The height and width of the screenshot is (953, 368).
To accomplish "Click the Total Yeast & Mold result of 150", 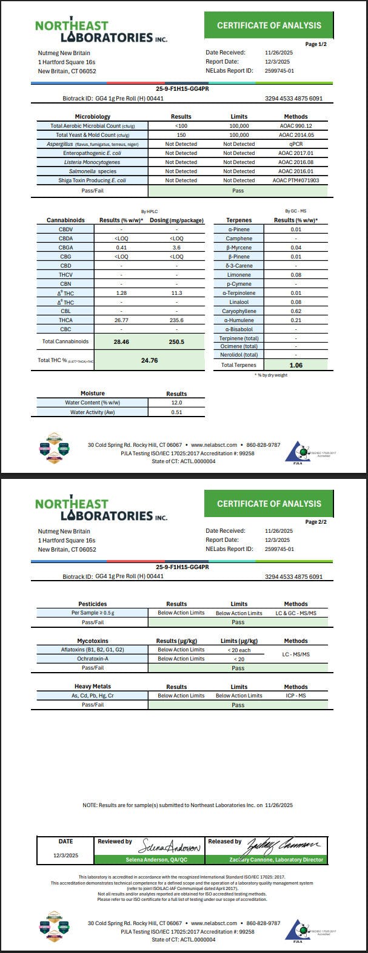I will coord(181,135).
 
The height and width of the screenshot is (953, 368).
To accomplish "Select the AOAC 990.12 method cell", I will coord(296,126).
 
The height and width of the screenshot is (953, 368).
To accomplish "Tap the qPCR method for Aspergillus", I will coord(296,144).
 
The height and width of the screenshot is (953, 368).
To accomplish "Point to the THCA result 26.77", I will coord(121,320).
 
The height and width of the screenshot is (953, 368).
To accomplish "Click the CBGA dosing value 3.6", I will coord(176,248).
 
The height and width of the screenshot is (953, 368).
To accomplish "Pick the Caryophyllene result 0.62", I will coord(295,311).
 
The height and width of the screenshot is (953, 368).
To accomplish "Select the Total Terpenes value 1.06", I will coord(295,365).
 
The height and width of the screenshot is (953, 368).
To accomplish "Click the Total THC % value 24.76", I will coord(149,360).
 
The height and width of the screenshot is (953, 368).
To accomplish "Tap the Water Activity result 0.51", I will coord(176,412).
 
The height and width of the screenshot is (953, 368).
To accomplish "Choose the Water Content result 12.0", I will coord(176,403).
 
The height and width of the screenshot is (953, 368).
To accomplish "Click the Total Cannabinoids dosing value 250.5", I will coord(176,341).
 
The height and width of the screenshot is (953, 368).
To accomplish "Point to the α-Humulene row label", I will coord(239,320).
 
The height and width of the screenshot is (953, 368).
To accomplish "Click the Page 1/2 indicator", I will coord(316,44).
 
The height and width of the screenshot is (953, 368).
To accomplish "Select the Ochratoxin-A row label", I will coord(92,659).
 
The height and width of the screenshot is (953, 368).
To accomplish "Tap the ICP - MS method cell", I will coord(296,696).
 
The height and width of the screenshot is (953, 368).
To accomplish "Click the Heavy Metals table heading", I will coord(92,687).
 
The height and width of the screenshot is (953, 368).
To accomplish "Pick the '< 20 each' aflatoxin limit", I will coord(239,650).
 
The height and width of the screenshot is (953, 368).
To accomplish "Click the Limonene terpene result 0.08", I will coord(295,275).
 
